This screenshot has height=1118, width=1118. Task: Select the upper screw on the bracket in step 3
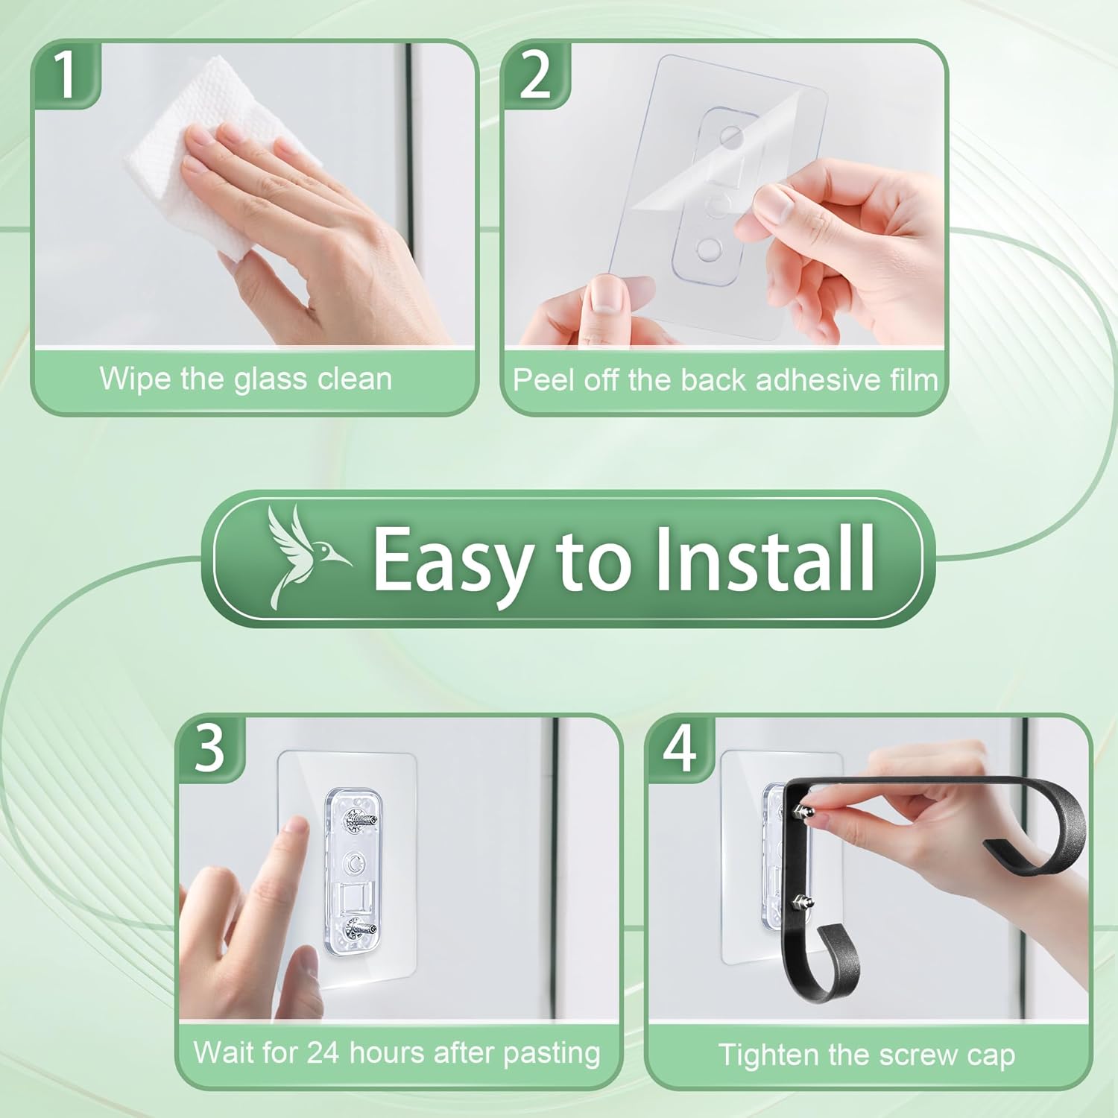click(x=359, y=821)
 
